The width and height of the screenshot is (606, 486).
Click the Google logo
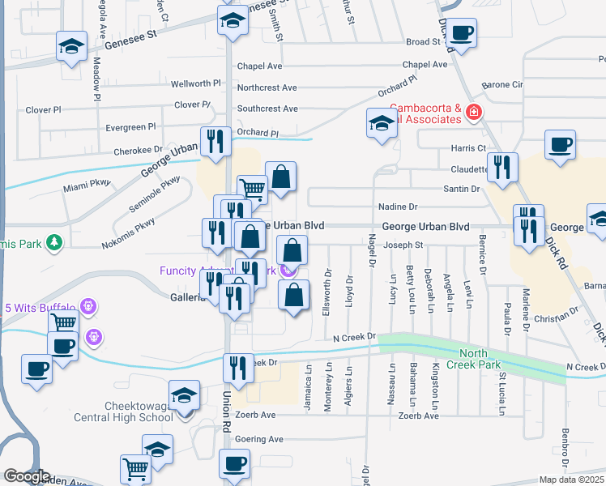(26, 476)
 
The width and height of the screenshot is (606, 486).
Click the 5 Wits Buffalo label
(40, 308)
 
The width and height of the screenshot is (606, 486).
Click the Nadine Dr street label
(398, 207)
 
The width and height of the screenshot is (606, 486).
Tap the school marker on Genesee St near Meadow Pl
(71, 46)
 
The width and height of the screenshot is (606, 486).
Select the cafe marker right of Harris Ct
(560, 145)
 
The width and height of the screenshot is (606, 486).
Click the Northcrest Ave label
(267, 87)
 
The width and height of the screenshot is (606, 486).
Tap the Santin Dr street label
(461, 189)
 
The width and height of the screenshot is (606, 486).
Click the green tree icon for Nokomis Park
(53, 241)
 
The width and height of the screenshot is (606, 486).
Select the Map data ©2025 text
(570, 480)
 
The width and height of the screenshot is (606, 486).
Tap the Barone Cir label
(503, 84)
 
